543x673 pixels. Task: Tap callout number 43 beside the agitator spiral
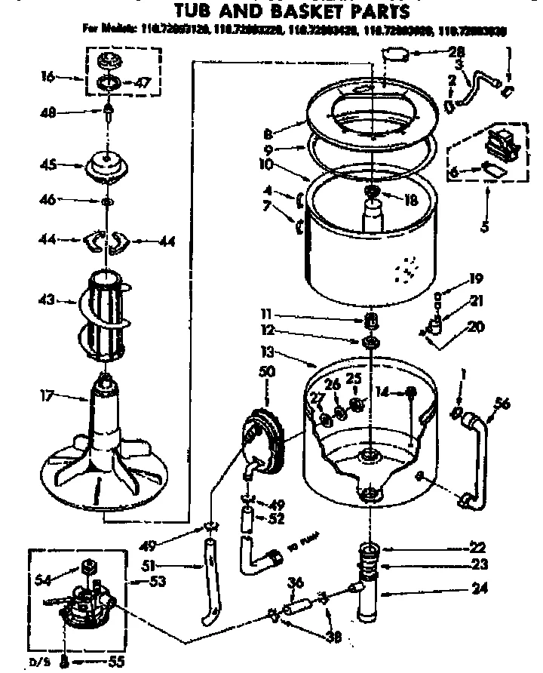coord(47,301)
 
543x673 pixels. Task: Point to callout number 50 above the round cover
coord(268,372)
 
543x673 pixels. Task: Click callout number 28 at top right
coord(456,52)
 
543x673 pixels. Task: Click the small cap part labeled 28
coord(396,54)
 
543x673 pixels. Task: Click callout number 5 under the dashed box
coord(486,224)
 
